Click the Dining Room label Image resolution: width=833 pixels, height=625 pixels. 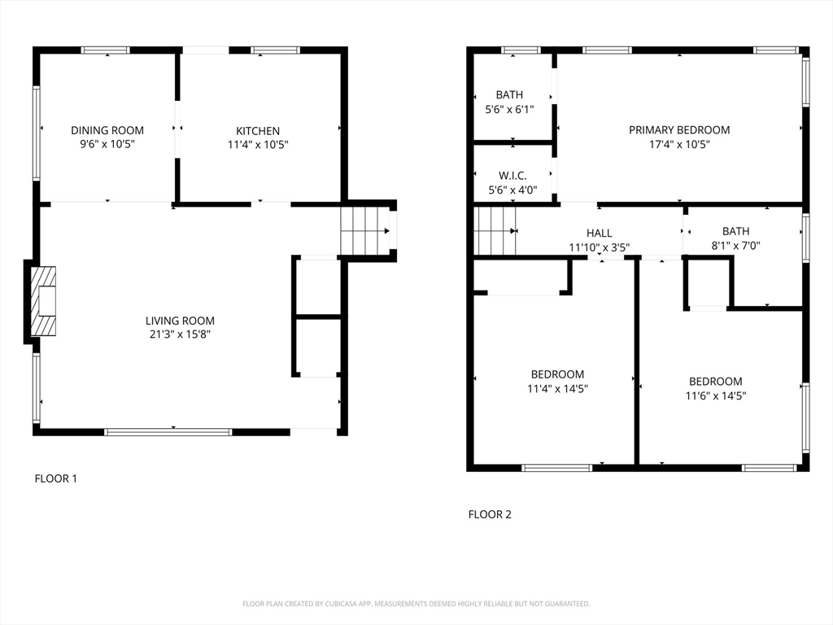[107, 130]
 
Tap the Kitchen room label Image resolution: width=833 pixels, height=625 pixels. [258, 131]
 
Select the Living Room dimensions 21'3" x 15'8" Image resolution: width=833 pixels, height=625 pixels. [180, 334]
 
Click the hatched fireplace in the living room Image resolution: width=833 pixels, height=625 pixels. [43, 301]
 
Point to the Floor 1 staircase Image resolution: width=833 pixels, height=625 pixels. [364, 231]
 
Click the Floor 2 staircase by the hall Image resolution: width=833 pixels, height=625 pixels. [495, 231]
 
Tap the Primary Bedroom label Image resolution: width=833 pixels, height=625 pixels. [679, 129]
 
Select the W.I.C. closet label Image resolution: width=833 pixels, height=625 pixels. [512, 176]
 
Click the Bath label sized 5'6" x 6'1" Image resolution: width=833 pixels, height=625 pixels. [509, 94]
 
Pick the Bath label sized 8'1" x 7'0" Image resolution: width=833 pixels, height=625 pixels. [735, 231]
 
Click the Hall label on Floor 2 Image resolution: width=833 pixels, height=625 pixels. [600, 233]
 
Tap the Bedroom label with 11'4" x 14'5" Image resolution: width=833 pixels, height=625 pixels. [558, 374]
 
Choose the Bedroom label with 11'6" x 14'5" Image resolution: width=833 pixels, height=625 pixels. [716, 381]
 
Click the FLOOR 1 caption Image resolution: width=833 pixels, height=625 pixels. [56, 479]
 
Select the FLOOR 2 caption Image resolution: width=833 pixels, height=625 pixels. [490, 514]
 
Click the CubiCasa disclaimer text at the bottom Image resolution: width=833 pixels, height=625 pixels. [416, 604]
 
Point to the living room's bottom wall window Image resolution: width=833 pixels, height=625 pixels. [168, 432]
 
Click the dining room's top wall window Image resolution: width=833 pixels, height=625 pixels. [105, 50]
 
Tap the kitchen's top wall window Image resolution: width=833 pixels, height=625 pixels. [275, 50]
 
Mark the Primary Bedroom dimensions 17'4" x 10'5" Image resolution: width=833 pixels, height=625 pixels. [679, 144]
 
